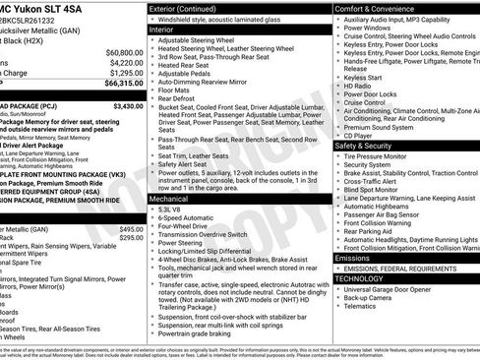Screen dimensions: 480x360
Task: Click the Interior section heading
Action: (x=161, y=30)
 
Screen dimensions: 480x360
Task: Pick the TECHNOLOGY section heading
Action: (x=361, y=278)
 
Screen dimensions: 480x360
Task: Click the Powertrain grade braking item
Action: (x=208, y=333)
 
